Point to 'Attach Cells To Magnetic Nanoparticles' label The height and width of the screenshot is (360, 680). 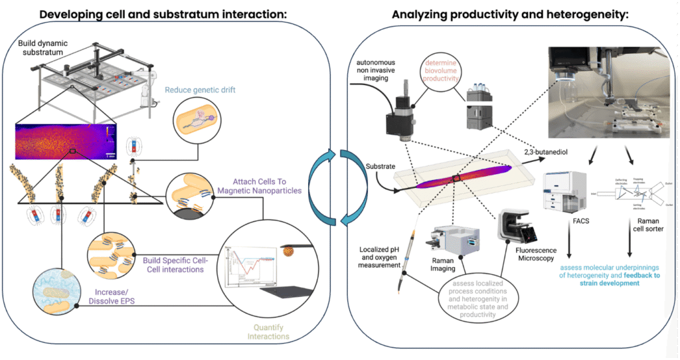coord(260,187)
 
